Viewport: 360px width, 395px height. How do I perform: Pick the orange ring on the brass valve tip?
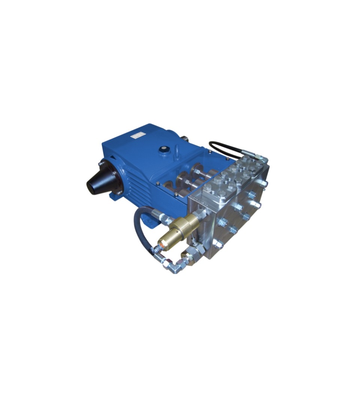tap(159, 247)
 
